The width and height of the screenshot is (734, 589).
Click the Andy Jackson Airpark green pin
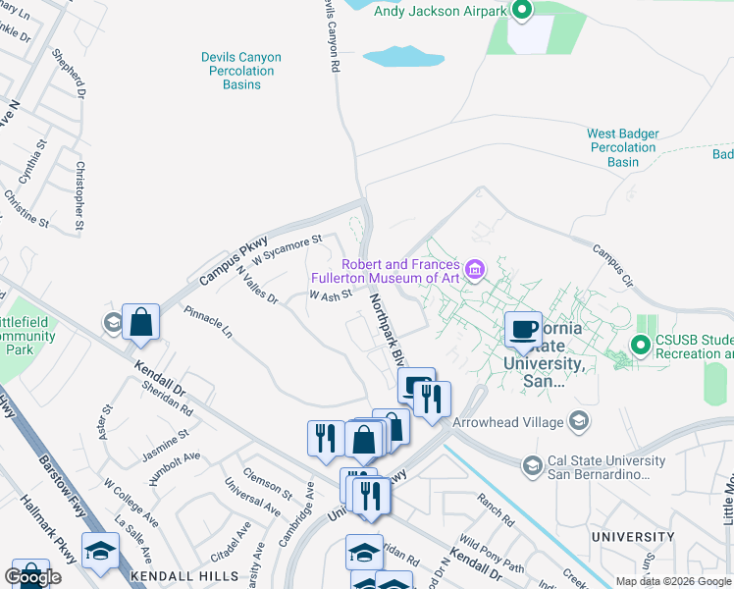pos(522,11)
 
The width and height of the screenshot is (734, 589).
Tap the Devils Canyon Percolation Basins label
pos(241,71)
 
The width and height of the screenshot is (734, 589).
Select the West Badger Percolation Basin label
pos(623,147)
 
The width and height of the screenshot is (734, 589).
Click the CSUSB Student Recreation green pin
pos(641,345)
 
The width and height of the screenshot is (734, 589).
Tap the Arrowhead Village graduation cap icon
pos(580,421)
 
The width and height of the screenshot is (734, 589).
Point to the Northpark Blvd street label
pos(386,330)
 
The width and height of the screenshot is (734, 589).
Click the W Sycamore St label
pos(287,251)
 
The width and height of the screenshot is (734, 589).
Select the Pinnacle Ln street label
pos(208,322)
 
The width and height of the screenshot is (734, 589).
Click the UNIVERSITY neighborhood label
pos(633,537)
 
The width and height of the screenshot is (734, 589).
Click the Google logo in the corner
pos(32,577)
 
